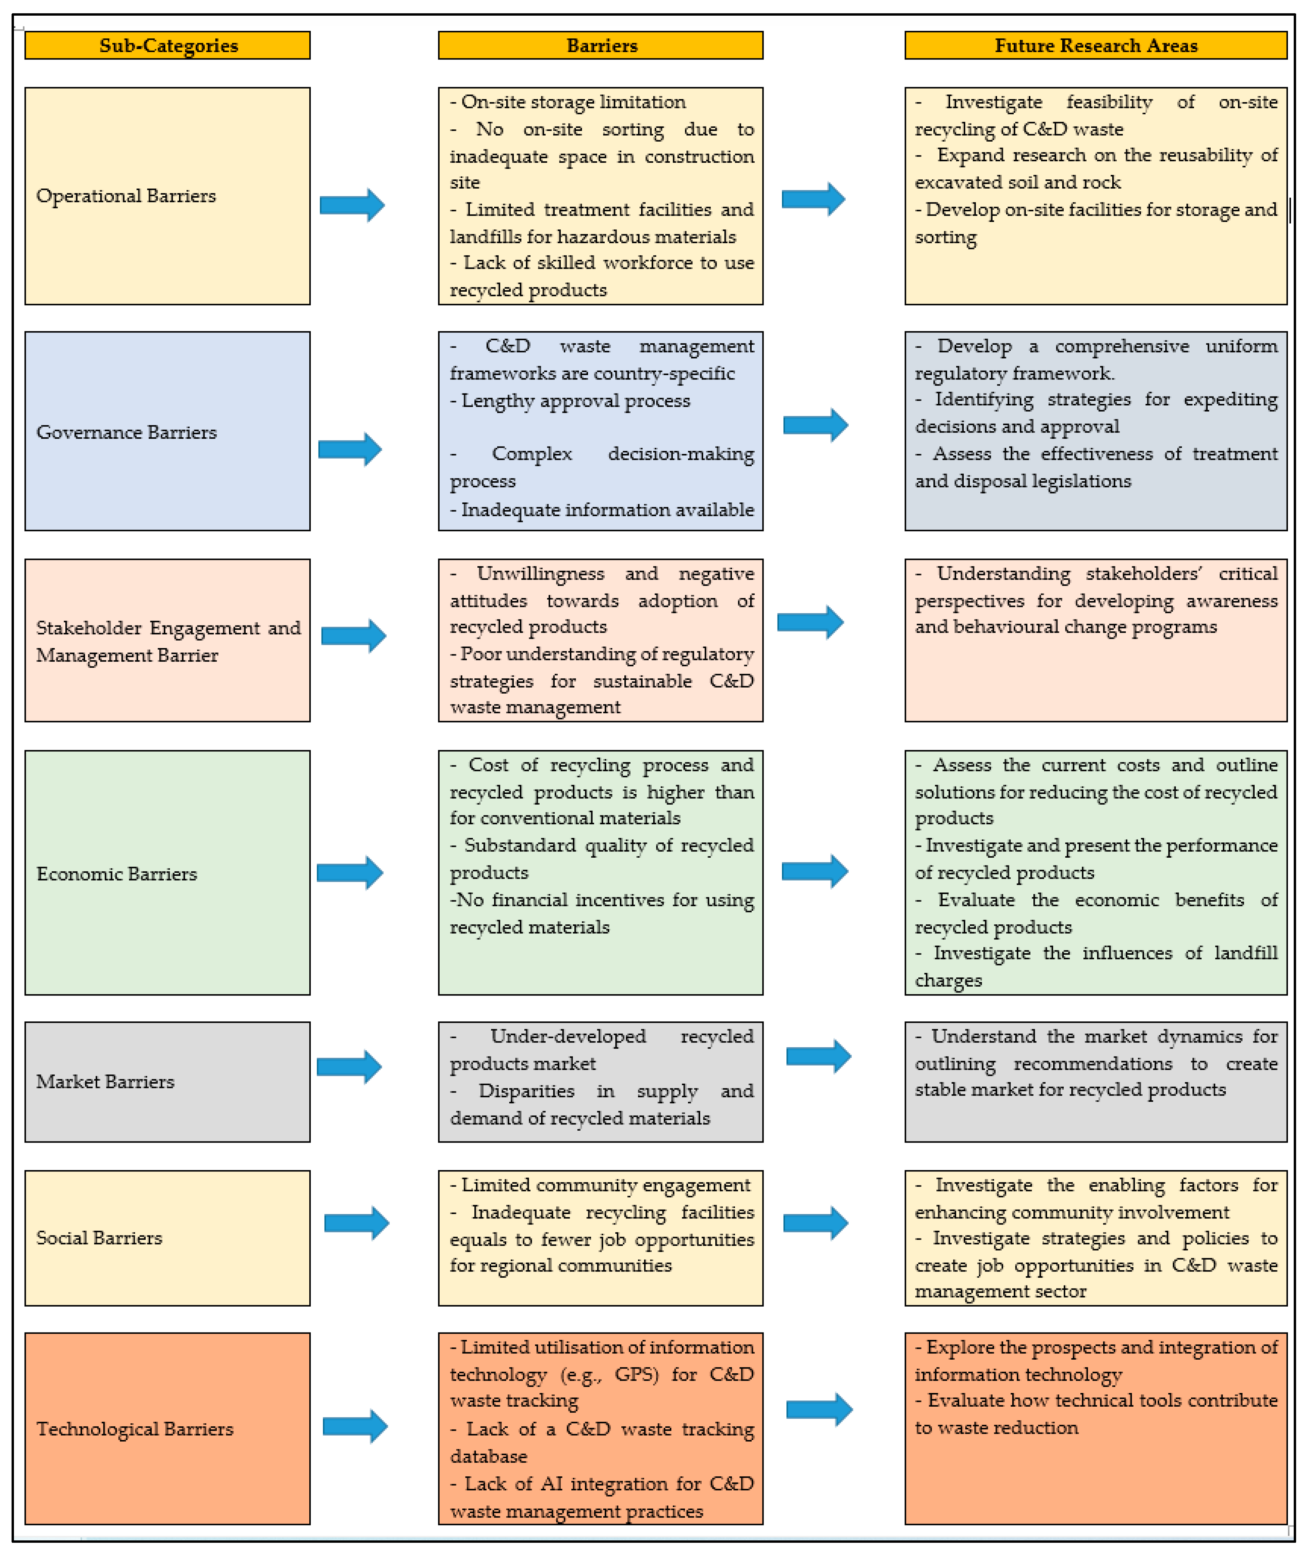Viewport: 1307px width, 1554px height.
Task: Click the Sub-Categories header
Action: tap(168, 45)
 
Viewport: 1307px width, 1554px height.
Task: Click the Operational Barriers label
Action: tap(126, 196)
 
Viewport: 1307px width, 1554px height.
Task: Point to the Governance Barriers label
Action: tap(127, 432)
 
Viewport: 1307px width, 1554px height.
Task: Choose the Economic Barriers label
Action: tap(117, 874)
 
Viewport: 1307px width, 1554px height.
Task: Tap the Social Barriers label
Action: tap(99, 1237)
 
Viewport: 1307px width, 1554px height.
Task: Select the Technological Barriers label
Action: tap(135, 1429)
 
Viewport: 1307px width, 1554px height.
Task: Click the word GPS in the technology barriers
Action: tap(636, 1375)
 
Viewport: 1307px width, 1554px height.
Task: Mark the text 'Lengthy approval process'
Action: tap(576, 401)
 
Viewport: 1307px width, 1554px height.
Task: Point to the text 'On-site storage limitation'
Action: tap(573, 101)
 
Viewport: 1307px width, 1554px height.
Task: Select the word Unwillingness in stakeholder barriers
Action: tap(540, 573)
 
